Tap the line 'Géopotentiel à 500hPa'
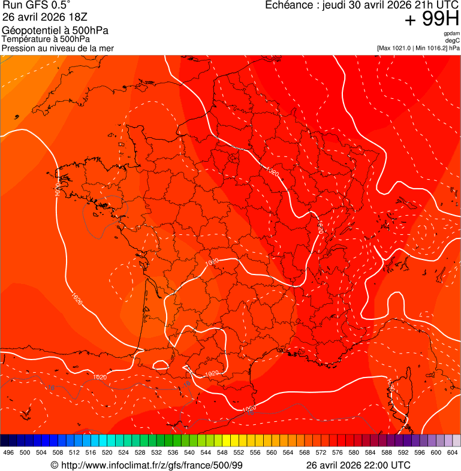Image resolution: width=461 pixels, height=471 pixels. tap(55, 31)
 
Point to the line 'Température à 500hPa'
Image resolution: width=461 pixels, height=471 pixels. tap(46, 40)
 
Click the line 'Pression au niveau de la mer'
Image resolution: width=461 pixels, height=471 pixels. tap(58, 48)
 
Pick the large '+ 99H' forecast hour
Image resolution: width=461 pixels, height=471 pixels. tap(432, 20)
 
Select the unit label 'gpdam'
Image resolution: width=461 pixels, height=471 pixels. tap(451, 34)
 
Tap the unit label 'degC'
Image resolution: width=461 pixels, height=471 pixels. tap(453, 40)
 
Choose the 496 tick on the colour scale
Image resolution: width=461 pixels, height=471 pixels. tap(8, 453)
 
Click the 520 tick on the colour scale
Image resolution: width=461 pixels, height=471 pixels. tap(107, 453)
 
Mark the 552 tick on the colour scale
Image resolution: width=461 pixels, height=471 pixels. tap(239, 453)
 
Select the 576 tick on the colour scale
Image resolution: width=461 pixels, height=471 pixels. tap(337, 453)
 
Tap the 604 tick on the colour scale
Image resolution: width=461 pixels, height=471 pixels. tap(452, 453)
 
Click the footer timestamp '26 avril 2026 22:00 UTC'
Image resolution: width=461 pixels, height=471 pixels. tap(358, 465)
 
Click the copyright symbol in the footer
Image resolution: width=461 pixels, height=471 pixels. tap(55, 465)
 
